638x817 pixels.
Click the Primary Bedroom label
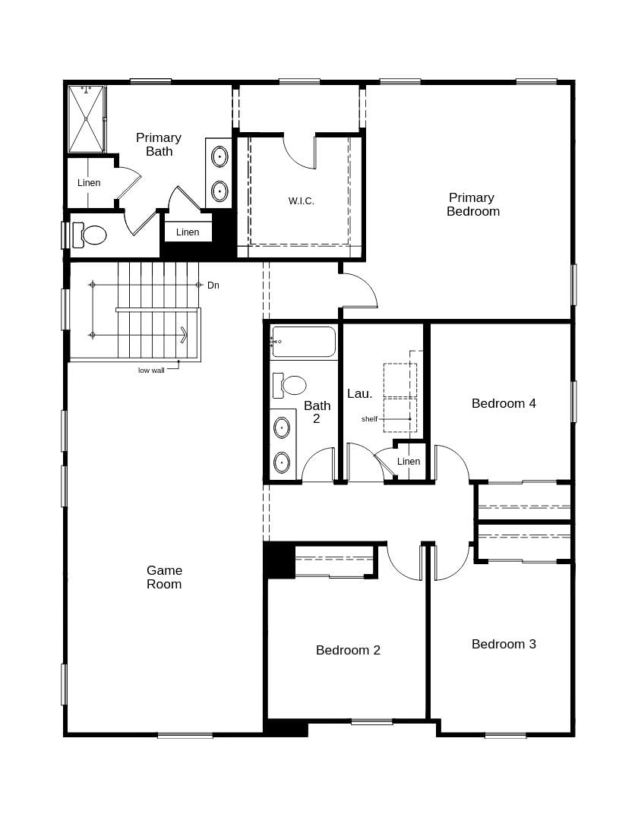pos(472,204)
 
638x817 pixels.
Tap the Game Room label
pos(164,577)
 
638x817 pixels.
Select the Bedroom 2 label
pos(348,650)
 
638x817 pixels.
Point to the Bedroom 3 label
pos(504,644)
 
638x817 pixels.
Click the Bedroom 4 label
pos(504,403)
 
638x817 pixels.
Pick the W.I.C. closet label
pos(301,201)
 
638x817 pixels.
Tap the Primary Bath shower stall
pos(87,118)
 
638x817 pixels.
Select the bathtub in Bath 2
pos(304,342)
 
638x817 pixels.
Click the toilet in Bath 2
pos(290,385)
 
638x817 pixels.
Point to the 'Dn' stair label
pos(213,285)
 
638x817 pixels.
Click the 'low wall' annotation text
pos(151,371)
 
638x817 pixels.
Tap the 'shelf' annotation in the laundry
pos(369,419)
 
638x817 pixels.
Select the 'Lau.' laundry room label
pos(359,393)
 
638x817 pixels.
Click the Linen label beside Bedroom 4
pos(408,462)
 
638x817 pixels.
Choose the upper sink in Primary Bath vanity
pos(220,157)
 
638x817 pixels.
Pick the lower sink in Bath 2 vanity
pos(282,461)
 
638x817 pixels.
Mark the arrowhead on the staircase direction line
pos(184,335)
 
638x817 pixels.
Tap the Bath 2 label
pos(317,412)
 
